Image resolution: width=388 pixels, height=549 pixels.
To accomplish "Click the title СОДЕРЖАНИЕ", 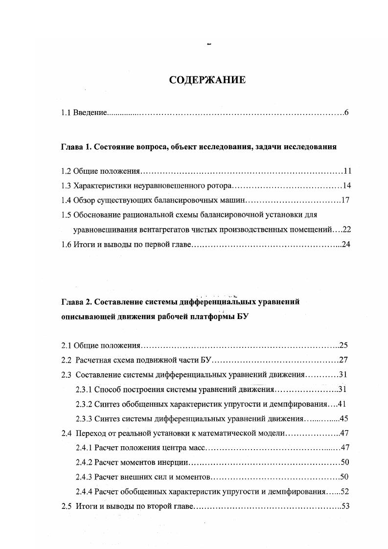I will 207,80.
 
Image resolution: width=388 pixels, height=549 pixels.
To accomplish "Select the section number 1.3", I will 67,186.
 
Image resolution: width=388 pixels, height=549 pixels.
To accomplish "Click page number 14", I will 347,186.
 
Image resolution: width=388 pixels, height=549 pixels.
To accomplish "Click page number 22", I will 347,229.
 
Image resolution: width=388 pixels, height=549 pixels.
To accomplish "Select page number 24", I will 346,244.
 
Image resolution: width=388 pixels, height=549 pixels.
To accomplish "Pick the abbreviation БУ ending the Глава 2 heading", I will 244,317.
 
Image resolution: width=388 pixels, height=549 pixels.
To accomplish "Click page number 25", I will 343,346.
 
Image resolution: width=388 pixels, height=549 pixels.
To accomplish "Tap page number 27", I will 343,361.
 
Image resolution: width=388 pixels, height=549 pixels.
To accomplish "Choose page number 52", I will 344,491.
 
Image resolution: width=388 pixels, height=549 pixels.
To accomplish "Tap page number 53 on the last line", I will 345,506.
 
